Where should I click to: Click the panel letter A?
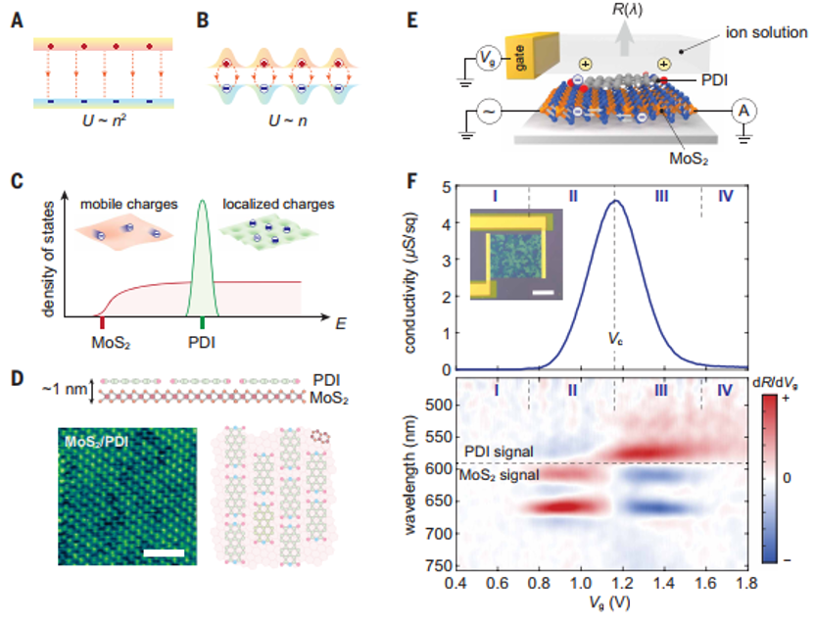[x=19, y=17]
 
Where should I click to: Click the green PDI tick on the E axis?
[x=202, y=322]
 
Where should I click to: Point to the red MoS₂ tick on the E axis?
[x=101, y=322]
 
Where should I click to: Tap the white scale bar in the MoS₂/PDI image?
[x=164, y=554]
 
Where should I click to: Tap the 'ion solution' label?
[x=769, y=33]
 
